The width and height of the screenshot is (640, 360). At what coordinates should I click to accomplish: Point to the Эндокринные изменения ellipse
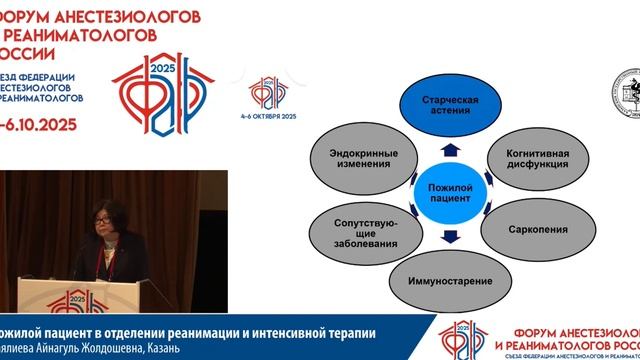click(356, 157)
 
